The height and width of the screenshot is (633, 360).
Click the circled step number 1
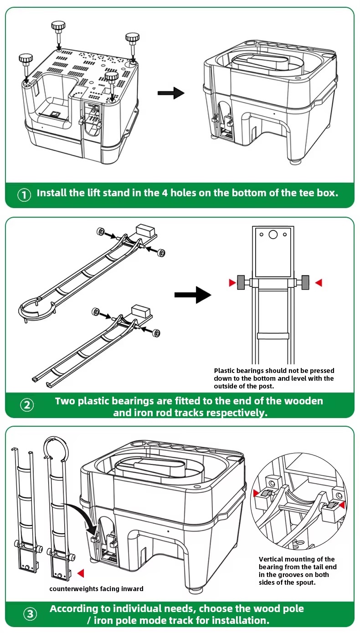[x=24, y=195]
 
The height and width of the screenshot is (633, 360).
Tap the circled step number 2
[x=27, y=405]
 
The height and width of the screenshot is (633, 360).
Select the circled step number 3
[x=30, y=614]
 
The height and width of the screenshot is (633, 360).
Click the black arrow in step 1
[x=171, y=93]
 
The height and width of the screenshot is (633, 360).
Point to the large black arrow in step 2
[x=193, y=295]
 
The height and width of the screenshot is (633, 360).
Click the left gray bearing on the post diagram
[x=241, y=282]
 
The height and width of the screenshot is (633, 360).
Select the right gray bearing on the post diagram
[x=305, y=282]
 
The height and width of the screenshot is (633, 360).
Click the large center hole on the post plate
[x=273, y=234]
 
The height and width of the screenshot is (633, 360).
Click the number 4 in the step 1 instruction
[x=165, y=193]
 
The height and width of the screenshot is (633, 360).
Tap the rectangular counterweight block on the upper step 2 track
[x=146, y=230]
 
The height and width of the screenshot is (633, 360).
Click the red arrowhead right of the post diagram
[x=319, y=283]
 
